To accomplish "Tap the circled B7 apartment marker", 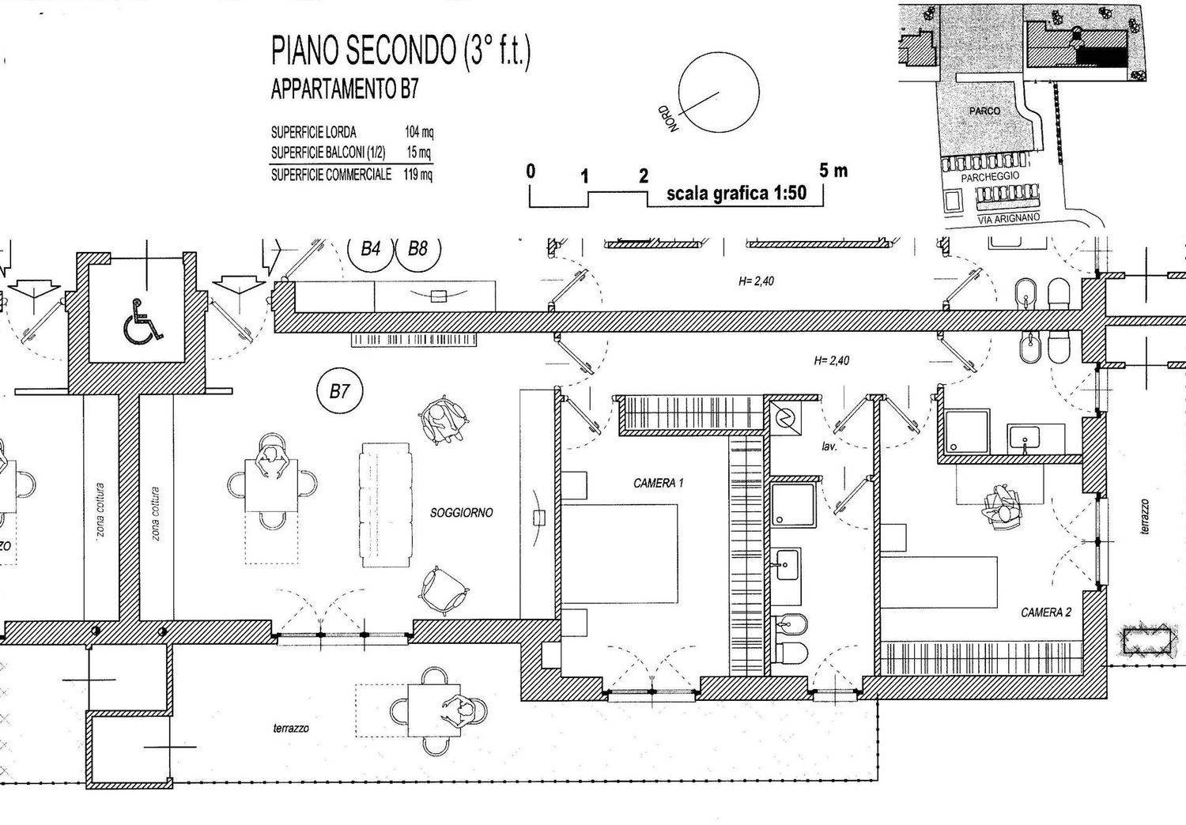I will pyautogui.click(x=339, y=391).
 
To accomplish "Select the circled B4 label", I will pyautogui.click(x=370, y=250).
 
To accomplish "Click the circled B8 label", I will pyautogui.click(x=417, y=250).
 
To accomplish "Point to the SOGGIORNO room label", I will pyautogui.click(x=461, y=513).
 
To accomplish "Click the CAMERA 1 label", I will pyautogui.click(x=658, y=483).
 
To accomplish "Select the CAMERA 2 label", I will pyautogui.click(x=1046, y=612).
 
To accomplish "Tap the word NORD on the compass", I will pyautogui.click(x=670, y=119).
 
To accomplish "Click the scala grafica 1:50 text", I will pyautogui.click(x=736, y=194).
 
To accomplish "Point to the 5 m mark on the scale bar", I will pyautogui.click(x=833, y=171).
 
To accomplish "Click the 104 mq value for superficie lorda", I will pyautogui.click(x=418, y=133).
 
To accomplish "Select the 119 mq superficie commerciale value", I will pyautogui.click(x=418, y=175).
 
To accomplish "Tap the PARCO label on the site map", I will pyautogui.click(x=984, y=111).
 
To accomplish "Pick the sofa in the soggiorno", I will pyautogui.click(x=386, y=505).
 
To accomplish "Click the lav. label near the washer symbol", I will pyautogui.click(x=829, y=446).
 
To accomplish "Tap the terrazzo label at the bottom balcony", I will pyautogui.click(x=291, y=729).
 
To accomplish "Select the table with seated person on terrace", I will pyautogui.click(x=434, y=710).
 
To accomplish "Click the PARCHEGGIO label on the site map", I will pyautogui.click(x=989, y=177).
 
